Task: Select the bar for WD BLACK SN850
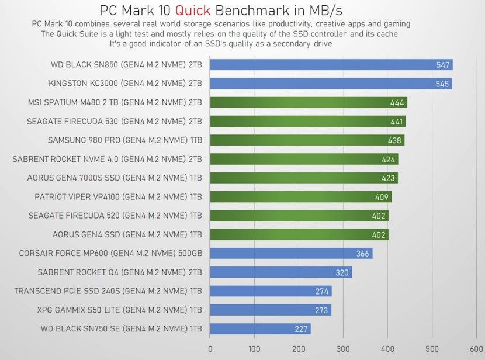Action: [331, 65]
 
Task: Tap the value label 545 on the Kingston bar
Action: [442, 84]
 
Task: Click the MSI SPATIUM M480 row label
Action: [115, 102]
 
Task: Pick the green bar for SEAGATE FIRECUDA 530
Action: [307, 122]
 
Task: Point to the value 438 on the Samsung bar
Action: [394, 140]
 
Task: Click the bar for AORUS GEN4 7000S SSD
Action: [303, 178]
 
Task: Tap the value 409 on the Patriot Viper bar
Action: [382, 197]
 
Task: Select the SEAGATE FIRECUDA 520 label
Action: [115, 216]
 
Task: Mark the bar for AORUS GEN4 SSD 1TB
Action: [299, 234]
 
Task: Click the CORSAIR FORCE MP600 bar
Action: [290, 254]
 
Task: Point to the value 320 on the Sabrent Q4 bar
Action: [342, 272]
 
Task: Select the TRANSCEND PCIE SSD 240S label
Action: [108, 291]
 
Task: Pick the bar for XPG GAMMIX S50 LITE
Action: [270, 310]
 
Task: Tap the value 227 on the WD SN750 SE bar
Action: [301, 329]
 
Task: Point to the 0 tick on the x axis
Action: [210, 349]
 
